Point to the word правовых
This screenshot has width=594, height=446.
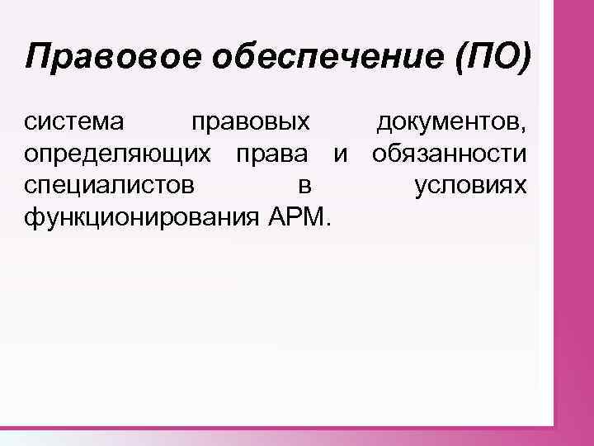tap(250, 125)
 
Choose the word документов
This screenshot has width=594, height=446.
tap(447, 124)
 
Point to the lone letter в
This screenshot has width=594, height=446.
tap(303, 187)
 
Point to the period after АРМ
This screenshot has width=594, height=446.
tap(330, 224)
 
